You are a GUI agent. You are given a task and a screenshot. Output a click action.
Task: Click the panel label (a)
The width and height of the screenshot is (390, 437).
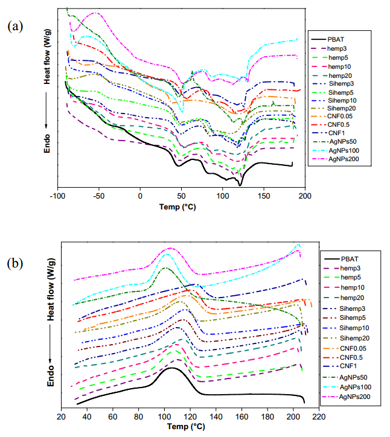tap(15, 26)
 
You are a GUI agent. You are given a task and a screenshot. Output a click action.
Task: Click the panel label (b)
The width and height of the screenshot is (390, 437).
tap(16, 264)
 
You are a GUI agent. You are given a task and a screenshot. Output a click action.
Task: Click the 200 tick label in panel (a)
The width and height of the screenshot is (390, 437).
tap(305, 197)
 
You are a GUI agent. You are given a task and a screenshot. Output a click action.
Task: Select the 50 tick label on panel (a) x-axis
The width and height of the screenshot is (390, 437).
tap(181, 197)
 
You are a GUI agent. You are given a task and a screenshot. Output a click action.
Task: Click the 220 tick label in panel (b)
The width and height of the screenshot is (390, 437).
tap(319, 416)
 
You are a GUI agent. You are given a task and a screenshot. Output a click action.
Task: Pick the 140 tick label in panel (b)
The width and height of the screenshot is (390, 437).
tap(216, 416)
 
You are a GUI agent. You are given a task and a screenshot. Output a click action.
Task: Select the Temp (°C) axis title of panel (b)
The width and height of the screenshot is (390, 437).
tap(190, 427)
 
